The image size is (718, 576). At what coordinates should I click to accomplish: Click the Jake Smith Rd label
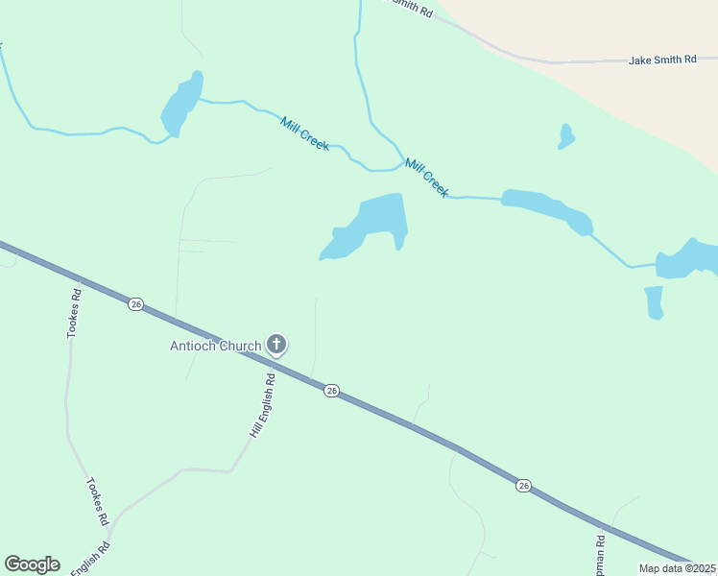click(x=662, y=60)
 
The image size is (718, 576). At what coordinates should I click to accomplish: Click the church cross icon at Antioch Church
click(x=276, y=344)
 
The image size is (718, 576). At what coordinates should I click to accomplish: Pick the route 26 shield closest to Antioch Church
click(x=331, y=390)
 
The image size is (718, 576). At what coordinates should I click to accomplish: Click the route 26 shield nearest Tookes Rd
click(x=135, y=304)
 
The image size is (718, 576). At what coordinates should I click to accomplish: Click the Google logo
click(x=32, y=564)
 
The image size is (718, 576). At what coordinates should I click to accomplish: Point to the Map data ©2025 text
click(x=677, y=568)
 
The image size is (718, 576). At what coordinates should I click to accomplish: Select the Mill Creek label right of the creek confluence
click(x=427, y=178)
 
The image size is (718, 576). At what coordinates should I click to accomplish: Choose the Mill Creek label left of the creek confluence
click(x=305, y=133)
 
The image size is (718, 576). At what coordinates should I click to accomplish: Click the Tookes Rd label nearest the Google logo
click(x=97, y=501)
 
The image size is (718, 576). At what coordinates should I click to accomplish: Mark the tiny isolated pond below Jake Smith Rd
click(x=566, y=137)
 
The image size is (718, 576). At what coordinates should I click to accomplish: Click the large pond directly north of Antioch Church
click(x=370, y=227)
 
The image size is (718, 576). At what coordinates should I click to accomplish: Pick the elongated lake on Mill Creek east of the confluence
click(x=547, y=207)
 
